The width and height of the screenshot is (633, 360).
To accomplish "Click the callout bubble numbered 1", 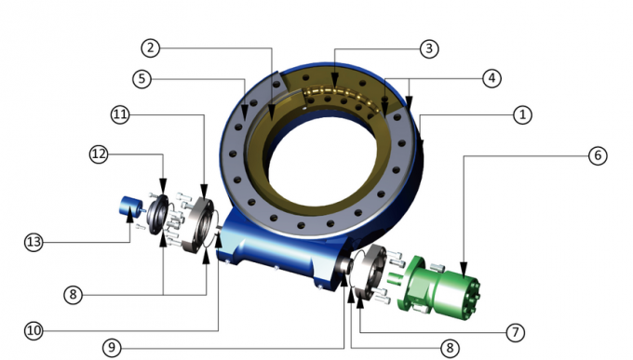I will [523, 114].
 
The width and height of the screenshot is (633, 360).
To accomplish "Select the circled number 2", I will [152, 47].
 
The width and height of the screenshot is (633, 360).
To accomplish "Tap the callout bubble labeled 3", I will [428, 47].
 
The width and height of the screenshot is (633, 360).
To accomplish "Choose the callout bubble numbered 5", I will [141, 79].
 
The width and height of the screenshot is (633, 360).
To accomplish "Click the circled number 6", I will [597, 155].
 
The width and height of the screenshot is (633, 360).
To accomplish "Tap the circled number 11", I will [120, 114].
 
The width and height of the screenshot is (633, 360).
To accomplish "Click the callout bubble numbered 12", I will [99, 152].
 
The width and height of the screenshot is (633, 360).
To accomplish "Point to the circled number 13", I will [34, 242].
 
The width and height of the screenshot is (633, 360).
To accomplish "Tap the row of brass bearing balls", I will [344, 95].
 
